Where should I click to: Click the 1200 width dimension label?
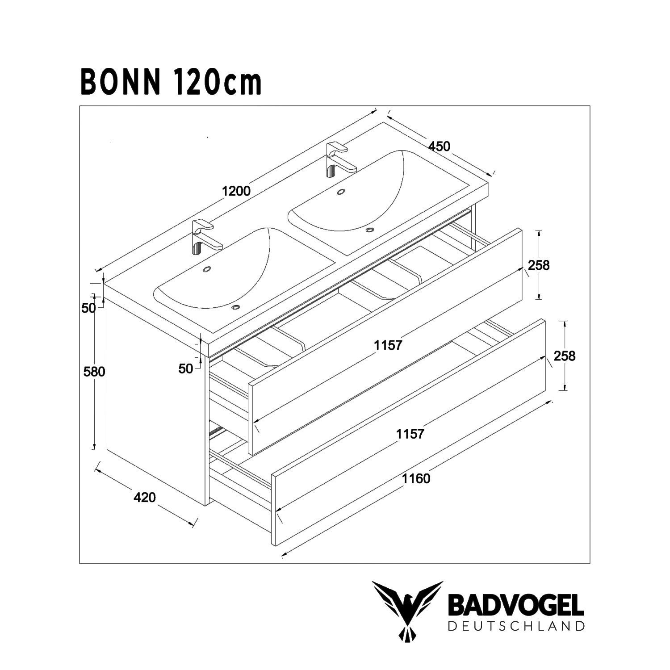point(236,191)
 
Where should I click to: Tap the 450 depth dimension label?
point(440,146)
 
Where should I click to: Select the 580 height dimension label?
point(94,371)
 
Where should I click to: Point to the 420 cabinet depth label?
point(145,497)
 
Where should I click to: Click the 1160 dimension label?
point(416,479)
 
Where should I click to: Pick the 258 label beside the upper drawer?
point(539,265)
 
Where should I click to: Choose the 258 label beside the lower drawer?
point(565,356)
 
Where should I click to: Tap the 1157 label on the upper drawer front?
point(388,345)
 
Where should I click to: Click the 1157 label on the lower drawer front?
point(410,433)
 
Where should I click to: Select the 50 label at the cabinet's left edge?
point(88,308)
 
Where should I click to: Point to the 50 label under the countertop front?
point(186,368)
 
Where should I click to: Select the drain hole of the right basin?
point(369,230)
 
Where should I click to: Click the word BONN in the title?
point(120,83)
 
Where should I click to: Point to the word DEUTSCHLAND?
point(515,626)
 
